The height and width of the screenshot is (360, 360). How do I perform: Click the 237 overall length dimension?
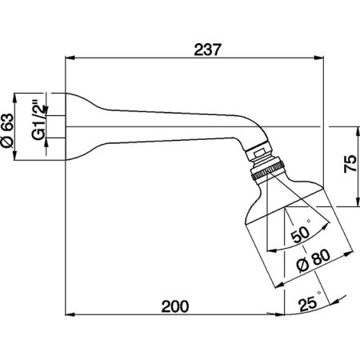tap(208, 50)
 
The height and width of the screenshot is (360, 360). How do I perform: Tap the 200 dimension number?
tap(175, 306)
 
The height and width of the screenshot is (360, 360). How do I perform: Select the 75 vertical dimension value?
tap(350, 163)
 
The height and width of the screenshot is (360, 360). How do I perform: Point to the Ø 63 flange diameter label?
tap(7, 130)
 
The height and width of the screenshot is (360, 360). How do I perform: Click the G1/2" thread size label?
tap(38, 120)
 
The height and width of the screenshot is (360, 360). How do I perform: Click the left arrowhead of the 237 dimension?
tap(70, 58)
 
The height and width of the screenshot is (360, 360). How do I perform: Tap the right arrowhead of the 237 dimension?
tap(319, 58)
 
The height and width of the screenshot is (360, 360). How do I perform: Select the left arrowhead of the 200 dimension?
tap(70, 314)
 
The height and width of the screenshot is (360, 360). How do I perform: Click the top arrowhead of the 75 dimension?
tap(357, 131)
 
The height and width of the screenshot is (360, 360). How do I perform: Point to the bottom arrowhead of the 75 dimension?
tap(357, 202)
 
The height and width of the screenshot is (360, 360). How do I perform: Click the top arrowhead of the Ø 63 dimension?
tap(14, 98)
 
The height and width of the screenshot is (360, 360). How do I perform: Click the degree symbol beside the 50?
tap(309, 221)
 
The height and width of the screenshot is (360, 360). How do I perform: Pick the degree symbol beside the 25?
tap(319, 293)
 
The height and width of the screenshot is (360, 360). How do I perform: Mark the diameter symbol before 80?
tap(303, 266)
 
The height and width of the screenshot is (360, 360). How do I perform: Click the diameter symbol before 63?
tap(7, 142)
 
